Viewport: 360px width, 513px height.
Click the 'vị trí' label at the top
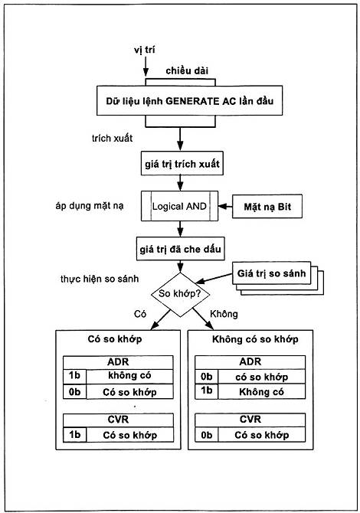pyautogui.click(x=144, y=50)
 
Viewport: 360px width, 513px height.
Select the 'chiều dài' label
pyautogui.click(x=187, y=70)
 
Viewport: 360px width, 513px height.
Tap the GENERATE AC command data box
pyautogui.click(x=189, y=100)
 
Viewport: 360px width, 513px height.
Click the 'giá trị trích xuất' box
pyautogui.click(x=182, y=163)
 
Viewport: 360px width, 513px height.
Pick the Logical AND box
pyautogui.click(x=179, y=206)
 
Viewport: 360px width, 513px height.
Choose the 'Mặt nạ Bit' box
pyautogui.click(x=267, y=207)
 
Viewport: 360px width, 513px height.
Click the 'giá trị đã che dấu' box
pyautogui.click(x=180, y=249)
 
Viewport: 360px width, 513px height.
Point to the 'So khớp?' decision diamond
pyautogui.click(x=180, y=294)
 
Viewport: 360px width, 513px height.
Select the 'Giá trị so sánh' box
pyautogui.click(x=271, y=273)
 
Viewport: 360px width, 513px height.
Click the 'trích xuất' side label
pyautogui.click(x=113, y=138)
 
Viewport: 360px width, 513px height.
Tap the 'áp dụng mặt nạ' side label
pyautogui.click(x=90, y=206)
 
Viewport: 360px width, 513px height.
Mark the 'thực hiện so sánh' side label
pyautogui.click(x=100, y=279)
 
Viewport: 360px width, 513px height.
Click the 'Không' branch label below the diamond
pyautogui.click(x=224, y=314)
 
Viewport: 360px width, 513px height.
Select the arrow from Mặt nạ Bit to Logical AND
pyautogui.click(x=225, y=207)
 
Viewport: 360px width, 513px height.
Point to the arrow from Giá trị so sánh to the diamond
pyautogui.click(x=214, y=279)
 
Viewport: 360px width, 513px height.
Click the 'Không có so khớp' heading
pyautogui.click(x=255, y=339)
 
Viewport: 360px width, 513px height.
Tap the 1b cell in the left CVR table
pyautogui.click(x=74, y=435)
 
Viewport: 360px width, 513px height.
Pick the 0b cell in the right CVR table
pyautogui.click(x=207, y=435)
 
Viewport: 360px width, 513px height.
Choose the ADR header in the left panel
pyautogui.click(x=118, y=362)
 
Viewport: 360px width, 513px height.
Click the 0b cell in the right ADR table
pyautogui.click(x=207, y=377)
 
